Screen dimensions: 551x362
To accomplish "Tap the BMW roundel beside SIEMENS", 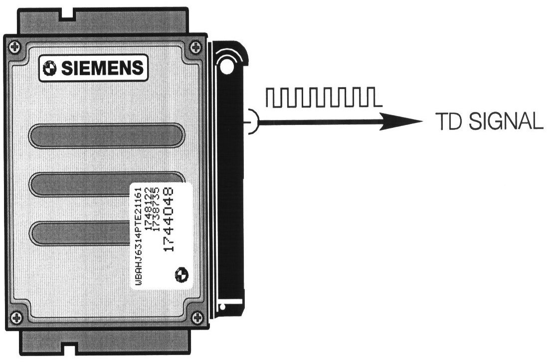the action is [51, 69].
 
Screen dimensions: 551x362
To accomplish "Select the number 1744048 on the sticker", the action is [168, 219].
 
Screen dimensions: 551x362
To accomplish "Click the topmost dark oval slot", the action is [107, 135].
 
